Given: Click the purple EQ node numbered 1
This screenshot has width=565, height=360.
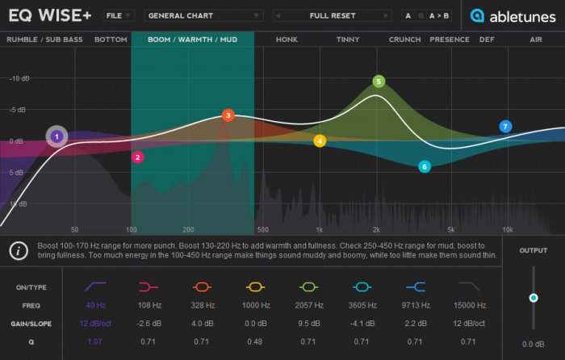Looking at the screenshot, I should pyautogui.click(x=56, y=137).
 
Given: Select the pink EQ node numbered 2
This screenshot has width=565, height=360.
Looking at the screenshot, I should pyautogui.click(x=138, y=157).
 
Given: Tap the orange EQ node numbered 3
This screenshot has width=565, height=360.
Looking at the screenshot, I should pyautogui.click(x=228, y=116).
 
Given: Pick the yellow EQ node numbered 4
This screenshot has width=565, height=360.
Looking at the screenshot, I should pyautogui.click(x=320, y=141).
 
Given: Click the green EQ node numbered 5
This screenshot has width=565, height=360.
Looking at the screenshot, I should pyautogui.click(x=379, y=82).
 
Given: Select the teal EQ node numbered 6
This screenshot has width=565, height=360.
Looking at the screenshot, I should pyautogui.click(x=425, y=167).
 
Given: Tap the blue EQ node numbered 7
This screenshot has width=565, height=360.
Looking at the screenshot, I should pyautogui.click(x=505, y=127).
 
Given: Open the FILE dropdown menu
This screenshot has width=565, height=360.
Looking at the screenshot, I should pyautogui.click(x=119, y=15).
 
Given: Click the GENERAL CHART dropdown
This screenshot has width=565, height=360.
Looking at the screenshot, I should pyautogui.click(x=203, y=15).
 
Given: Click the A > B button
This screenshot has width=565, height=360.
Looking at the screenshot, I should pyautogui.click(x=440, y=15).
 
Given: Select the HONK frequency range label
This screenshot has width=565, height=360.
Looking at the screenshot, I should pyautogui.click(x=287, y=40).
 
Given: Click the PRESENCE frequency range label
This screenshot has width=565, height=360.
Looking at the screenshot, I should pyautogui.click(x=449, y=40).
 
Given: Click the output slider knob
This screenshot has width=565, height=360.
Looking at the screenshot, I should pyautogui.click(x=534, y=298).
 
